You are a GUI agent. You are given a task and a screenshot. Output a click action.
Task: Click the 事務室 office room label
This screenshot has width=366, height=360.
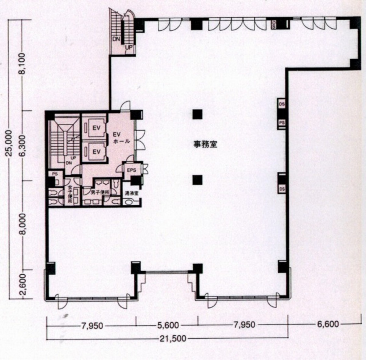tap(205, 144)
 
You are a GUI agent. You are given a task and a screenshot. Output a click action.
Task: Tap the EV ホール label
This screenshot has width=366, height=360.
tap(121, 138)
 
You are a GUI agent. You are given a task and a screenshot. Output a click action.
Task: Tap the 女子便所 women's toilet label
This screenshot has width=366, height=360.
tap(70, 195)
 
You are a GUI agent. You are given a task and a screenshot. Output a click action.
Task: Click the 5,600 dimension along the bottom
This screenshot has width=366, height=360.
tap(168, 325)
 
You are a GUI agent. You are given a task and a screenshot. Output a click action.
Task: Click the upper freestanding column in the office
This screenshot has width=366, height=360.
tap(197, 114)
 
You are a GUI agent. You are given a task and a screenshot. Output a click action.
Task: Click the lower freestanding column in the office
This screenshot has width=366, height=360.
tap(197, 180)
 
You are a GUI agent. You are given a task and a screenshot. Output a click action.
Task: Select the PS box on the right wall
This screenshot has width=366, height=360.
tap(282, 123)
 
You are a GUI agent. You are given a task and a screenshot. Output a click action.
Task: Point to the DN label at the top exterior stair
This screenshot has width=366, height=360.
tap(116, 39)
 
